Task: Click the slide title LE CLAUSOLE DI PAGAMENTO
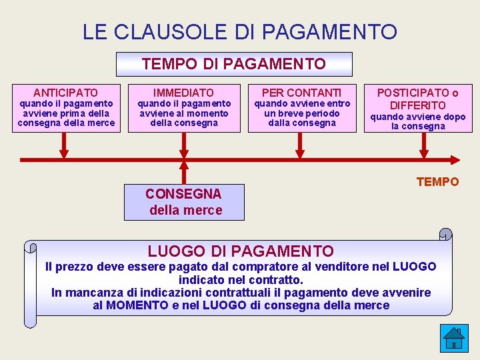(239, 31)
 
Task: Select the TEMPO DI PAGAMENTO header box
(234, 64)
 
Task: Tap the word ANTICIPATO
(66, 93)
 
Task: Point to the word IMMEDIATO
(184, 93)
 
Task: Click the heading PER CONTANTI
(301, 93)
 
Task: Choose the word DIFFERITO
(418, 105)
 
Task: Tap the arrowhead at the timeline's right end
(455, 159)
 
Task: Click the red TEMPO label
(438, 181)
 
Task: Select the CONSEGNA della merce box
(184, 202)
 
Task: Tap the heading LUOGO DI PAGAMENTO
(241, 251)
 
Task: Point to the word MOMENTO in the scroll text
(137, 305)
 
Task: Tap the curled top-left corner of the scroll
(30, 247)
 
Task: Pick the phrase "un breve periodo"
(302, 113)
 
